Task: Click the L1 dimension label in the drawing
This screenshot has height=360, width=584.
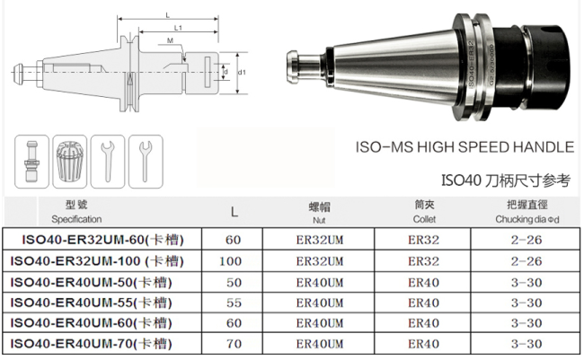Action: [x=178, y=28]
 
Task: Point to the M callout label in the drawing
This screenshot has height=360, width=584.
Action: [x=170, y=40]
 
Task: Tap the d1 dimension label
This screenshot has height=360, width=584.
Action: [x=242, y=72]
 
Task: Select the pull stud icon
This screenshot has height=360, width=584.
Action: [x=31, y=162]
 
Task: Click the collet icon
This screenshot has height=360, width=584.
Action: [x=70, y=162]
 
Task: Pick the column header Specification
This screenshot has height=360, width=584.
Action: [x=76, y=219]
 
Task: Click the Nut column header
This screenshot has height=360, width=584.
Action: [x=319, y=220]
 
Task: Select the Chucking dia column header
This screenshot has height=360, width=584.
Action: [x=527, y=219]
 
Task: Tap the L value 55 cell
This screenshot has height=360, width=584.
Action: [x=234, y=303]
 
